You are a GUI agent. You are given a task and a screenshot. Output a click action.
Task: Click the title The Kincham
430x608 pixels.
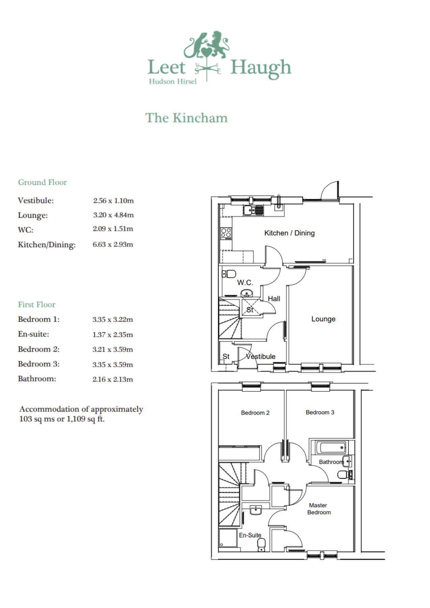click(186, 118)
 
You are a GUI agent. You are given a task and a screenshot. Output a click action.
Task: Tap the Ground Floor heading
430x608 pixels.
click(43, 182)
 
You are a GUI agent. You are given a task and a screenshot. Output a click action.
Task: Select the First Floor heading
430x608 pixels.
click(36, 305)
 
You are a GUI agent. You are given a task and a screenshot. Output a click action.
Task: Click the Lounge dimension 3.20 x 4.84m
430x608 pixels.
click(113, 215)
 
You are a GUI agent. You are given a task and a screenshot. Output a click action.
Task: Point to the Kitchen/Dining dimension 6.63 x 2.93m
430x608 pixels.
click(113, 245)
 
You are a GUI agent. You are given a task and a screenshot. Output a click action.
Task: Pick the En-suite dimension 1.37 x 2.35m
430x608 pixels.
click(112, 335)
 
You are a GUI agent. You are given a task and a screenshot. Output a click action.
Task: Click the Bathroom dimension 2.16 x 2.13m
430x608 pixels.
click(112, 379)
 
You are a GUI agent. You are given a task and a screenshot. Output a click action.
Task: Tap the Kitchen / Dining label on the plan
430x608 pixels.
click(289, 233)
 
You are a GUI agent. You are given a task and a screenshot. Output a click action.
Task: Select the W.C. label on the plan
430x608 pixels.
click(245, 282)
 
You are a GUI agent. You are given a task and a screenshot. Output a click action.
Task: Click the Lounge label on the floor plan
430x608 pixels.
click(323, 319)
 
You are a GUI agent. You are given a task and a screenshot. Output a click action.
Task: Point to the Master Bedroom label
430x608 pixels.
click(319, 509)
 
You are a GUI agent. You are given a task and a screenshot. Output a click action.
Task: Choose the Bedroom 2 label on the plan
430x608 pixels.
click(255, 413)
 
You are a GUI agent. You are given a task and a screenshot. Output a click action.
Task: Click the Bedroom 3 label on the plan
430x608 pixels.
click(320, 412)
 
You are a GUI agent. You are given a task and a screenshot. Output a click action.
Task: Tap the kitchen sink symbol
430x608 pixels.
click(253, 210)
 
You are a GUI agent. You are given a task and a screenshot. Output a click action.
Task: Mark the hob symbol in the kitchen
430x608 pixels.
click(226, 233)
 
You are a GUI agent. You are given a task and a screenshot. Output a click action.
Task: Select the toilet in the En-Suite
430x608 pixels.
click(261, 544)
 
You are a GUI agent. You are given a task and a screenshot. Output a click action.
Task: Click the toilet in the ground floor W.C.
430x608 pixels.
click(230, 274)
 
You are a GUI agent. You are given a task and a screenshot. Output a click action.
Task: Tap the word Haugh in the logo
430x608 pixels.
click(260, 68)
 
